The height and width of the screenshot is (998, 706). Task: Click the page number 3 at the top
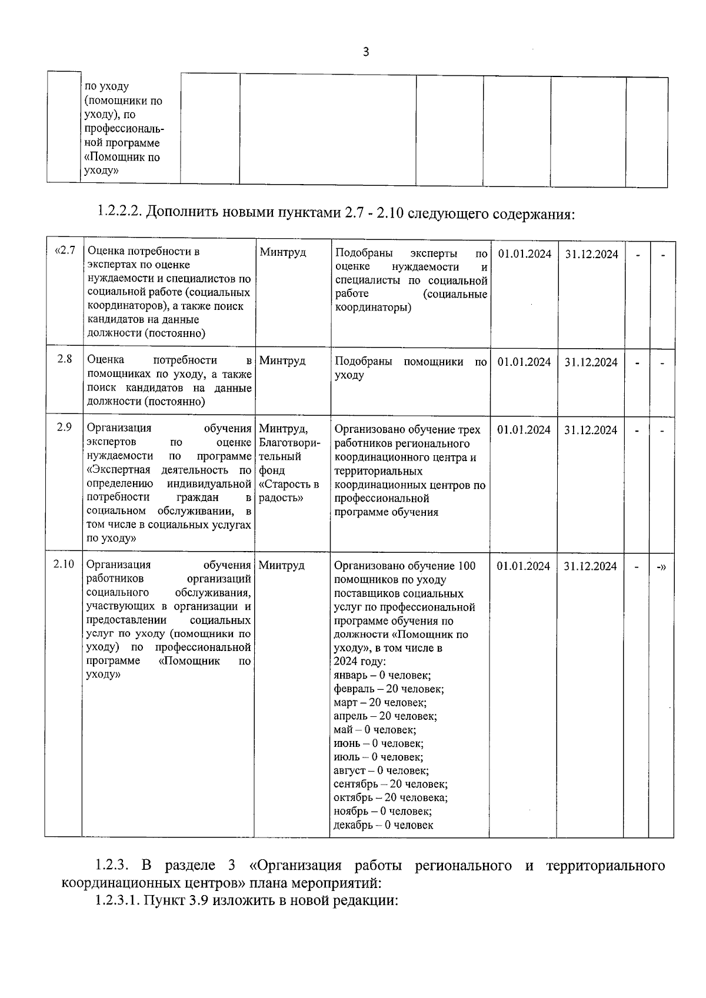tap(365, 52)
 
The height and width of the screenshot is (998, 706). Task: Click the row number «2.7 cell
tap(65, 251)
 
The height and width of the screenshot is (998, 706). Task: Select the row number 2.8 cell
tap(65, 359)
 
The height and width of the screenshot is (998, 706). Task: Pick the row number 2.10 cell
tap(64, 564)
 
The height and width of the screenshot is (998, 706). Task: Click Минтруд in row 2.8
tap(282, 361)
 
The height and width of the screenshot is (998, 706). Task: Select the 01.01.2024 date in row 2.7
tap(524, 253)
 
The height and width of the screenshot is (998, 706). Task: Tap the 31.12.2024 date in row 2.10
tap(590, 566)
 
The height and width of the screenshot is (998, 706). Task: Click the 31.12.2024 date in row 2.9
tap(591, 430)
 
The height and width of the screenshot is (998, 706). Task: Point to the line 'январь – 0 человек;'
tap(382, 676)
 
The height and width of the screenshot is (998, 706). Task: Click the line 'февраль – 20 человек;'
tap(388, 689)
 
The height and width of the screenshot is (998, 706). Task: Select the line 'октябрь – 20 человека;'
tap(390, 797)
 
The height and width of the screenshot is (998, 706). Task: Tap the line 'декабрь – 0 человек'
tap(383, 825)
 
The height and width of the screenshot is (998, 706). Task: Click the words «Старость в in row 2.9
tap(288, 485)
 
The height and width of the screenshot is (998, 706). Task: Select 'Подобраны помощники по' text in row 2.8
tap(411, 362)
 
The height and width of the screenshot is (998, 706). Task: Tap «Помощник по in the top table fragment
tap(122, 157)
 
